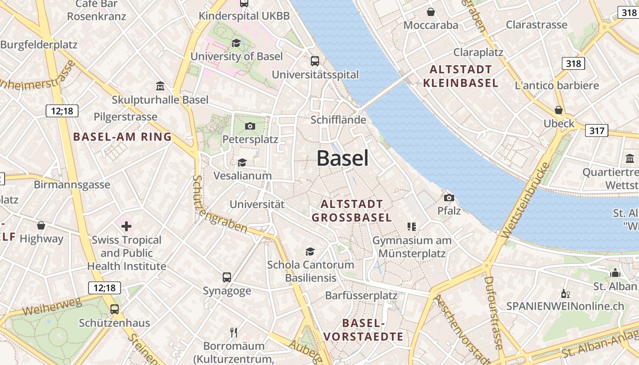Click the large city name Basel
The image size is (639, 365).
(x=342, y=158)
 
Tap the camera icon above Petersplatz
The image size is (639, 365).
(x=250, y=126)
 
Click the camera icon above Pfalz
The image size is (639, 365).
(x=449, y=198)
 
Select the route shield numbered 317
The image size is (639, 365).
(x=597, y=131)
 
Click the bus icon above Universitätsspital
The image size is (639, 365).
(x=315, y=61)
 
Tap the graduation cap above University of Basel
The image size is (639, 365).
(x=236, y=43)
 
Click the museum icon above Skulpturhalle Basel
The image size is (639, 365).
(x=160, y=86)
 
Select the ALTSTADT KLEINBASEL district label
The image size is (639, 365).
(x=461, y=76)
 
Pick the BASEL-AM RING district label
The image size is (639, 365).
(x=122, y=136)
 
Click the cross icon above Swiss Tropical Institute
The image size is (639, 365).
(x=126, y=226)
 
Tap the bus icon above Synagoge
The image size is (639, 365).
(x=227, y=277)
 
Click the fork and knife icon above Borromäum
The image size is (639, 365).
(x=234, y=332)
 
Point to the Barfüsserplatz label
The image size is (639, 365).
(x=361, y=296)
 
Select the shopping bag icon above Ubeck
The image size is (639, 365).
(x=559, y=110)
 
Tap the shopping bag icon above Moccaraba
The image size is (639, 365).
(x=430, y=11)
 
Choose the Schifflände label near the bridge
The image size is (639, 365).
(x=338, y=120)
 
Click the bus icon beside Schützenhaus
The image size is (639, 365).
(x=115, y=309)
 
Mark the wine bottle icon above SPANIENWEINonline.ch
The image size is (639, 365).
(x=565, y=294)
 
